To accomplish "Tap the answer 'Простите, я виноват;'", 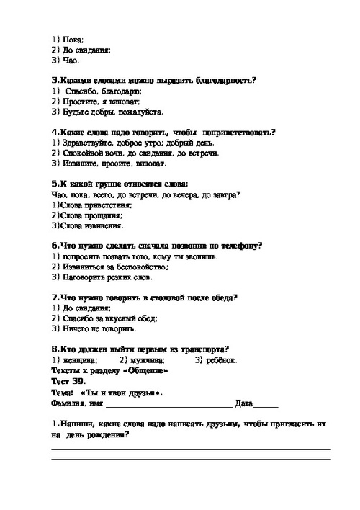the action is [x=97, y=102].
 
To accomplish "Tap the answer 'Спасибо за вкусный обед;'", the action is [x=107, y=318].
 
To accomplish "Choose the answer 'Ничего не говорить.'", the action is [x=97, y=328].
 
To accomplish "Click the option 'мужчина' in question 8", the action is [x=148, y=359].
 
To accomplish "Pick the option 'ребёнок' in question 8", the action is [x=220, y=359].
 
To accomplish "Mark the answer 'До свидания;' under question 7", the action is [x=80, y=308].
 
